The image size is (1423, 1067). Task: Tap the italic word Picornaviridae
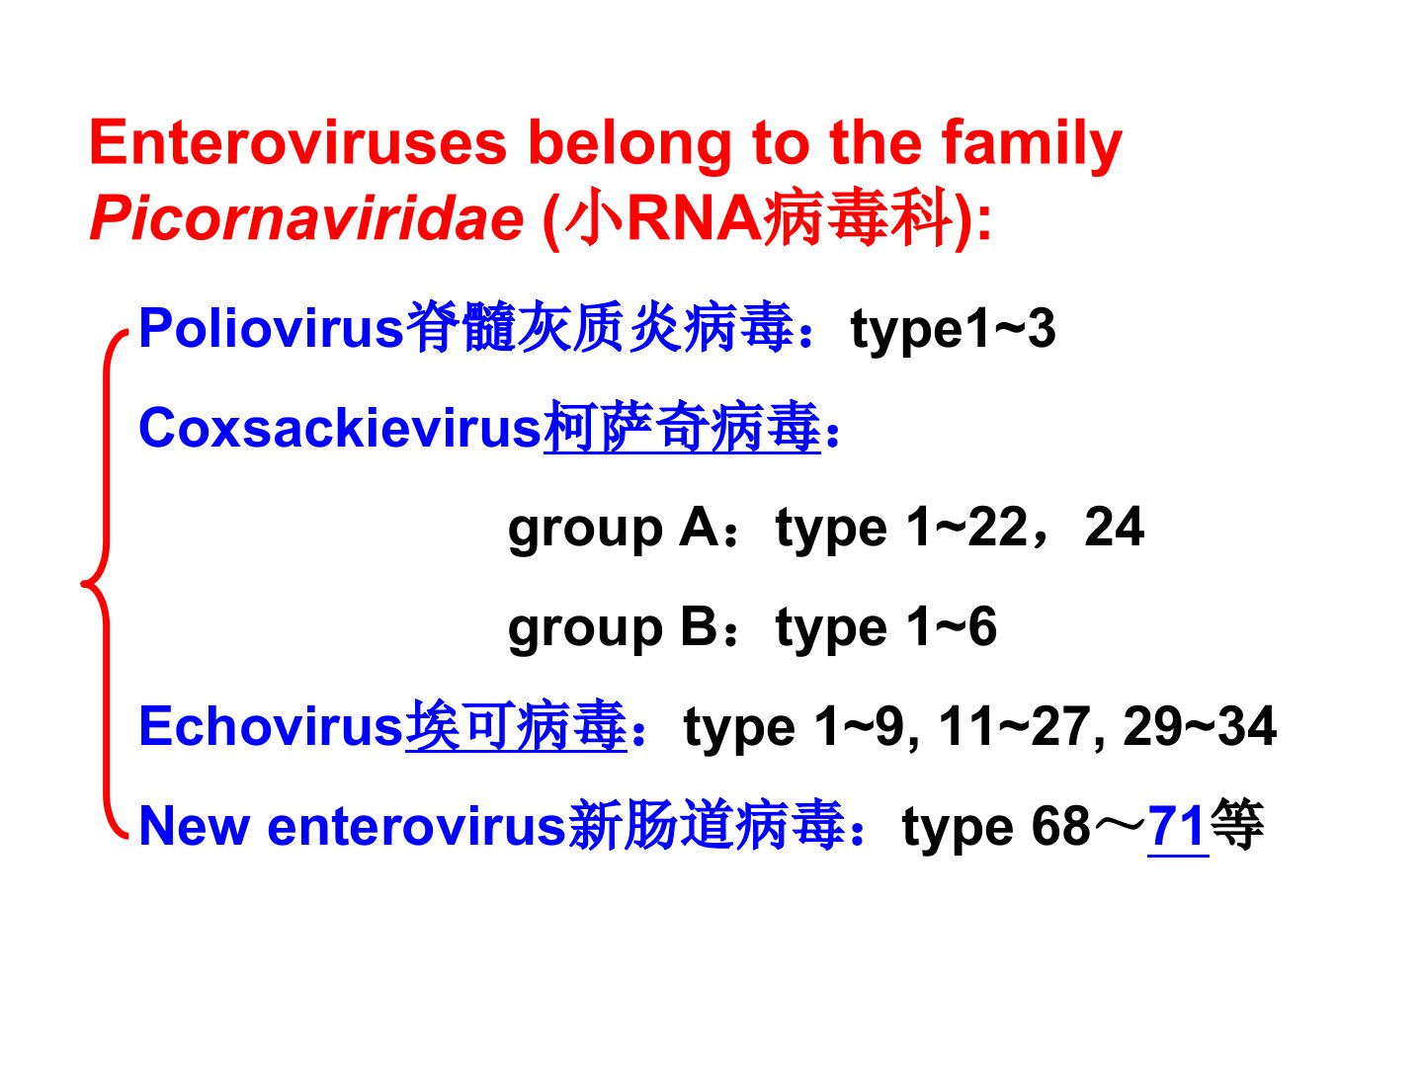306,218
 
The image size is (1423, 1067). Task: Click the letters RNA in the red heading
695,219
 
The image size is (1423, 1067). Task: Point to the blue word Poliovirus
271,328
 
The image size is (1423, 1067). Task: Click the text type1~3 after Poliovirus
953,329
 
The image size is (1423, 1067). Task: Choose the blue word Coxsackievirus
340,428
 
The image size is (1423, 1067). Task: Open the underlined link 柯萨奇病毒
682,428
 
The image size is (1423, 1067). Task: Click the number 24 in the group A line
1114,528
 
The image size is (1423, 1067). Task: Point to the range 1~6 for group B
952,627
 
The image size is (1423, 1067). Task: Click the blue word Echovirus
271,726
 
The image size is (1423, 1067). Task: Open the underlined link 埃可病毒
516,726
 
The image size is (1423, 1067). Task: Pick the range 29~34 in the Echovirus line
1200,726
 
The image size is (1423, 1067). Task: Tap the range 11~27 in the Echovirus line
1013,726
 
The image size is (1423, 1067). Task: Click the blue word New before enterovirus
195,826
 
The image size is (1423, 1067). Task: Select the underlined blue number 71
1178,826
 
